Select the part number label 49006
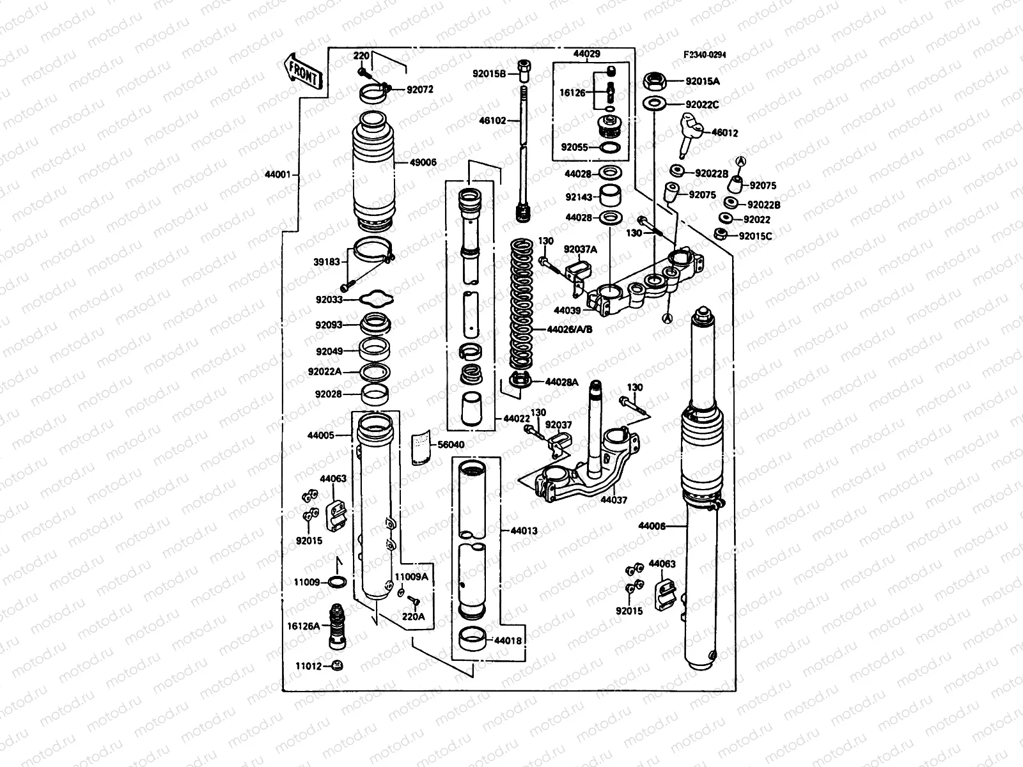[423, 162]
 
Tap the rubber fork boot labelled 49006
[375, 173]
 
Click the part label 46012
[724, 133]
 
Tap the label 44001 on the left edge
[278, 174]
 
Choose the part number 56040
[451, 444]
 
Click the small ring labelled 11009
[338, 582]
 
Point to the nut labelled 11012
[338, 667]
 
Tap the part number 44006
[652, 527]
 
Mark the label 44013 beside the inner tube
[524, 531]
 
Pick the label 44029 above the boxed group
[586, 54]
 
